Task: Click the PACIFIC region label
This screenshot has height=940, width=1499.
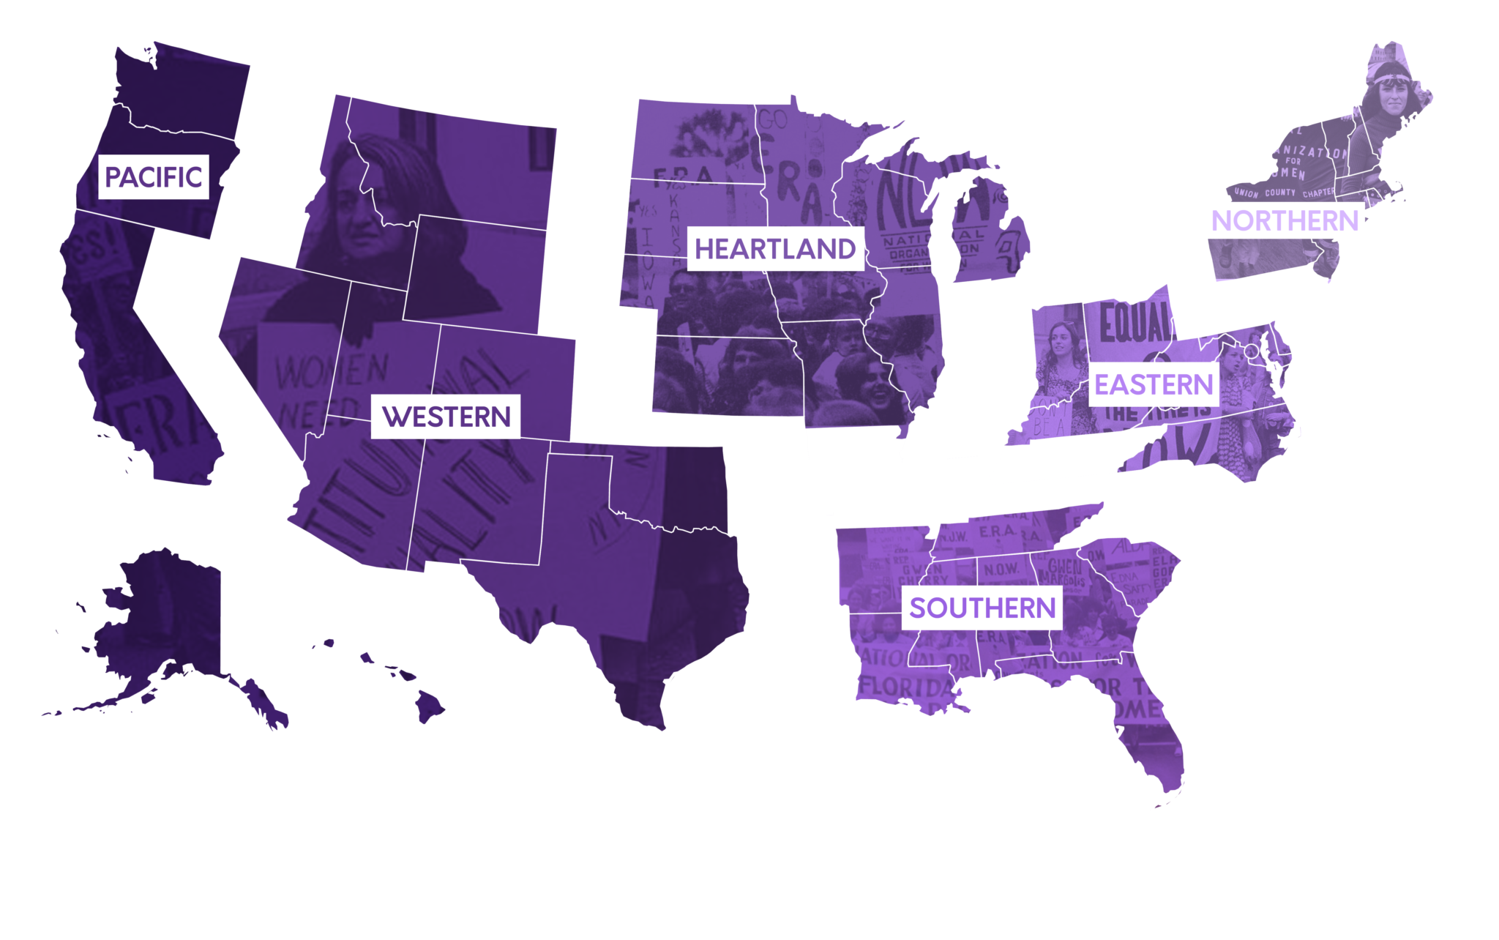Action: (x=153, y=176)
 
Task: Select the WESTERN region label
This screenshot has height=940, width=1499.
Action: (x=446, y=417)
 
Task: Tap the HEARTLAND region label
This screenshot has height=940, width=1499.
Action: (x=775, y=249)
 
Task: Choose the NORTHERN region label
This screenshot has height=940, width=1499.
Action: (x=1285, y=220)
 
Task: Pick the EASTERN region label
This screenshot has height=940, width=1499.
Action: (x=1154, y=384)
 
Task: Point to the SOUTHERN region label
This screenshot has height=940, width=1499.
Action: (x=982, y=608)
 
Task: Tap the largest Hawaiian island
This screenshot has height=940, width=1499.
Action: (x=429, y=706)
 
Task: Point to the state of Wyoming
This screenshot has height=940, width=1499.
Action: (x=476, y=271)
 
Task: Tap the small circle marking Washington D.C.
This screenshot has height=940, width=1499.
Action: (x=1252, y=352)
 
